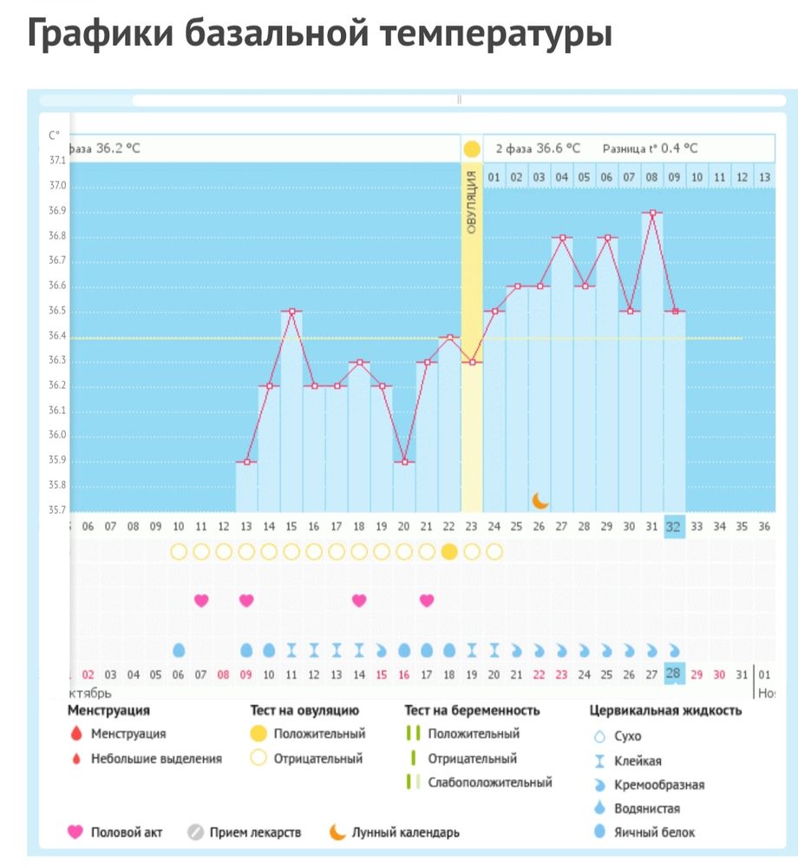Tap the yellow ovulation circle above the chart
(471, 149)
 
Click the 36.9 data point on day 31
(651, 212)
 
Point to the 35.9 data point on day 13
(246, 462)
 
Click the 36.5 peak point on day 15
(291, 312)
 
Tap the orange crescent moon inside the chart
(540, 500)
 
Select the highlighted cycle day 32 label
(674, 526)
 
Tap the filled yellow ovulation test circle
(449, 551)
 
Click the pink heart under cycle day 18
(359, 600)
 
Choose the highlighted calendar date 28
(674, 674)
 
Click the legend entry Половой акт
(127, 832)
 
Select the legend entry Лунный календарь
(405, 832)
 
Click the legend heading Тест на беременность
(472, 710)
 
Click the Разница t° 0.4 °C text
(650, 148)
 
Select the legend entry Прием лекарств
(255, 832)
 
